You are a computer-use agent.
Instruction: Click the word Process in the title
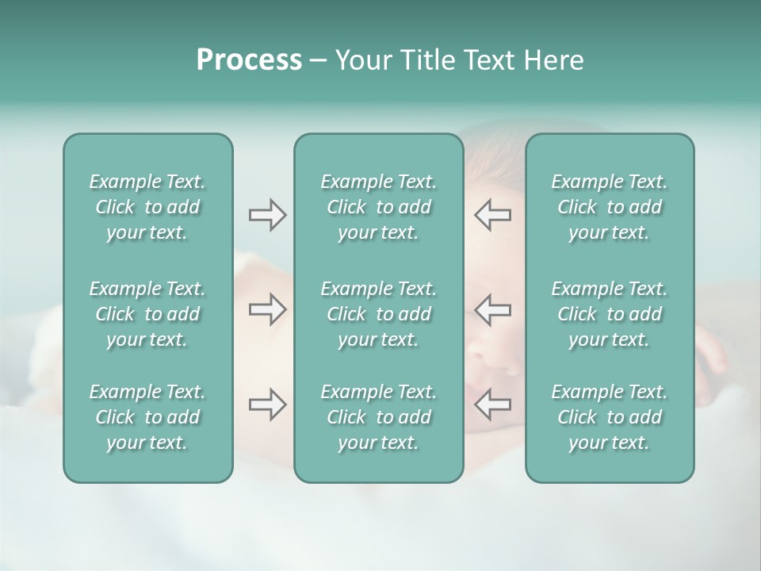click(249, 60)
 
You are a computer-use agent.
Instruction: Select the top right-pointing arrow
click(267, 215)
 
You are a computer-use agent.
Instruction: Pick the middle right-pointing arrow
click(267, 310)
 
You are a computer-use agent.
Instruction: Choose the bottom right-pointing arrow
click(267, 405)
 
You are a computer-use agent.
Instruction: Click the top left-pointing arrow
click(492, 215)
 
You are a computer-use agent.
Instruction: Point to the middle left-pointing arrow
click(492, 310)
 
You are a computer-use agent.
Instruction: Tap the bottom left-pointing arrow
click(492, 405)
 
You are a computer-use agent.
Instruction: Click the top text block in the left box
click(147, 207)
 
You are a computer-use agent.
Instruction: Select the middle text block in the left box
click(147, 314)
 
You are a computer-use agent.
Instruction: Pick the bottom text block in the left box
click(147, 417)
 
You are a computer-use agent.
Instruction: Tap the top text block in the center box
click(379, 207)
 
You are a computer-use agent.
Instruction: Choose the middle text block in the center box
click(379, 314)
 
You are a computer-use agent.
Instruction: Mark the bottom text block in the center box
click(379, 417)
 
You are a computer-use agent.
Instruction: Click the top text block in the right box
click(610, 207)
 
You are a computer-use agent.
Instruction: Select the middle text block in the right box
click(610, 314)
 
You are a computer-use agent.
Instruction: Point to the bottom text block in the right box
click(610, 417)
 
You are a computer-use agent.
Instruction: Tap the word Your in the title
click(361, 60)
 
